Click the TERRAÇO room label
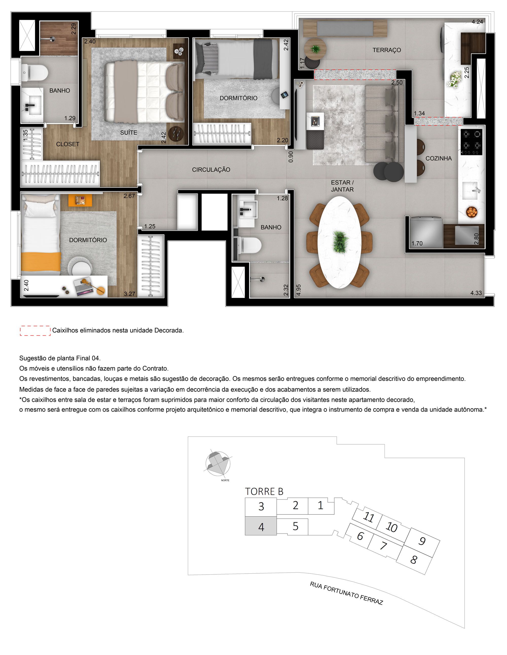tap(387, 50)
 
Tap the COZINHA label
tap(438, 158)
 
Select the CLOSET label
tap(67, 144)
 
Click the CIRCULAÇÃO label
tap(211, 170)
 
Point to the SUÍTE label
tap(129, 133)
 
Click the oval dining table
tap(339, 242)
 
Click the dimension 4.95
tap(298, 290)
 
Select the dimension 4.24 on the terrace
tap(477, 22)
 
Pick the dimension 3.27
tap(130, 294)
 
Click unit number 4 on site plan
tap(261, 527)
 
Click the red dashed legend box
tap(35, 330)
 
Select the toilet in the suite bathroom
tap(36, 73)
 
